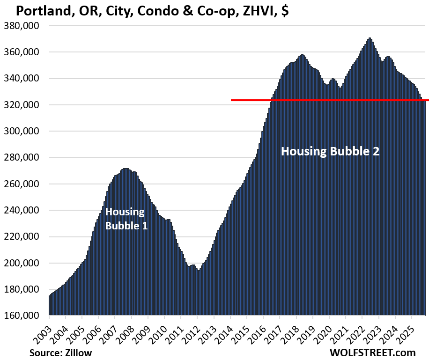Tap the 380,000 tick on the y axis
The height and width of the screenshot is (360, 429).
24,26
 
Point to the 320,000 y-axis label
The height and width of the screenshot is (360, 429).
24,105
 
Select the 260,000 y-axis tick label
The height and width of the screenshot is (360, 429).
24,184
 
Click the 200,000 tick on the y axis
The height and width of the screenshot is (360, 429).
24,264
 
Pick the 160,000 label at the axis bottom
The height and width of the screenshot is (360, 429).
24,316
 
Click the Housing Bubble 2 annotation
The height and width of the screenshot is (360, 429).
330,151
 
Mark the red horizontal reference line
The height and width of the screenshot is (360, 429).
328,100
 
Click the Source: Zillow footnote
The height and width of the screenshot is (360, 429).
60,352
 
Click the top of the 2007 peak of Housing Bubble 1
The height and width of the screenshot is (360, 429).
125,169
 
